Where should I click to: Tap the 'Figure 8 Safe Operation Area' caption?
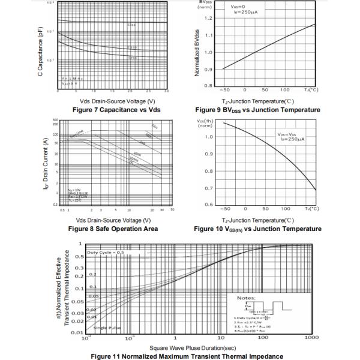point(113,229)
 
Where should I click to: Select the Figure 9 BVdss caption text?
point(257,110)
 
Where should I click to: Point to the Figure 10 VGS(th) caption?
point(257,229)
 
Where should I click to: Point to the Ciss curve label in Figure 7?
point(131,25)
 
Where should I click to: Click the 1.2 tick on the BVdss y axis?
point(209,18)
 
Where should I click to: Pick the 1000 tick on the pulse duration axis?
point(311,338)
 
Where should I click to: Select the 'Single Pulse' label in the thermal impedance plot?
point(107,328)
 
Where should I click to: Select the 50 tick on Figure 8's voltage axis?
point(173,211)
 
